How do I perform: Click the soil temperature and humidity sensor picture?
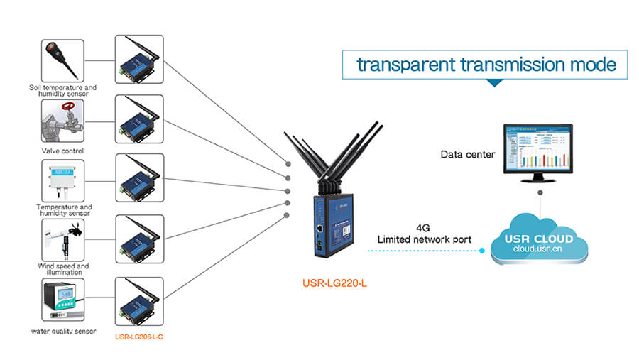(x=62, y=60)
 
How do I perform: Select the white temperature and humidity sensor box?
(x=62, y=180)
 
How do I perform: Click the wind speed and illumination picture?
(x=62, y=240)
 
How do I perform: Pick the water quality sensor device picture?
(x=62, y=301)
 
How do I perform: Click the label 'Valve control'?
(x=62, y=151)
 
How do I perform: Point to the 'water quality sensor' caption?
(x=62, y=332)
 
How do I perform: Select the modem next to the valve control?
(x=139, y=120)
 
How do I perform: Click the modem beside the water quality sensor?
(x=139, y=301)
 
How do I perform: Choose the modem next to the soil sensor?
(x=139, y=60)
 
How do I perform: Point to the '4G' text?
(x=422, y=229)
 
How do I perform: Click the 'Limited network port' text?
(x=422, y=239)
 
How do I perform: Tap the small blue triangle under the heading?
(x=494, y=83)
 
